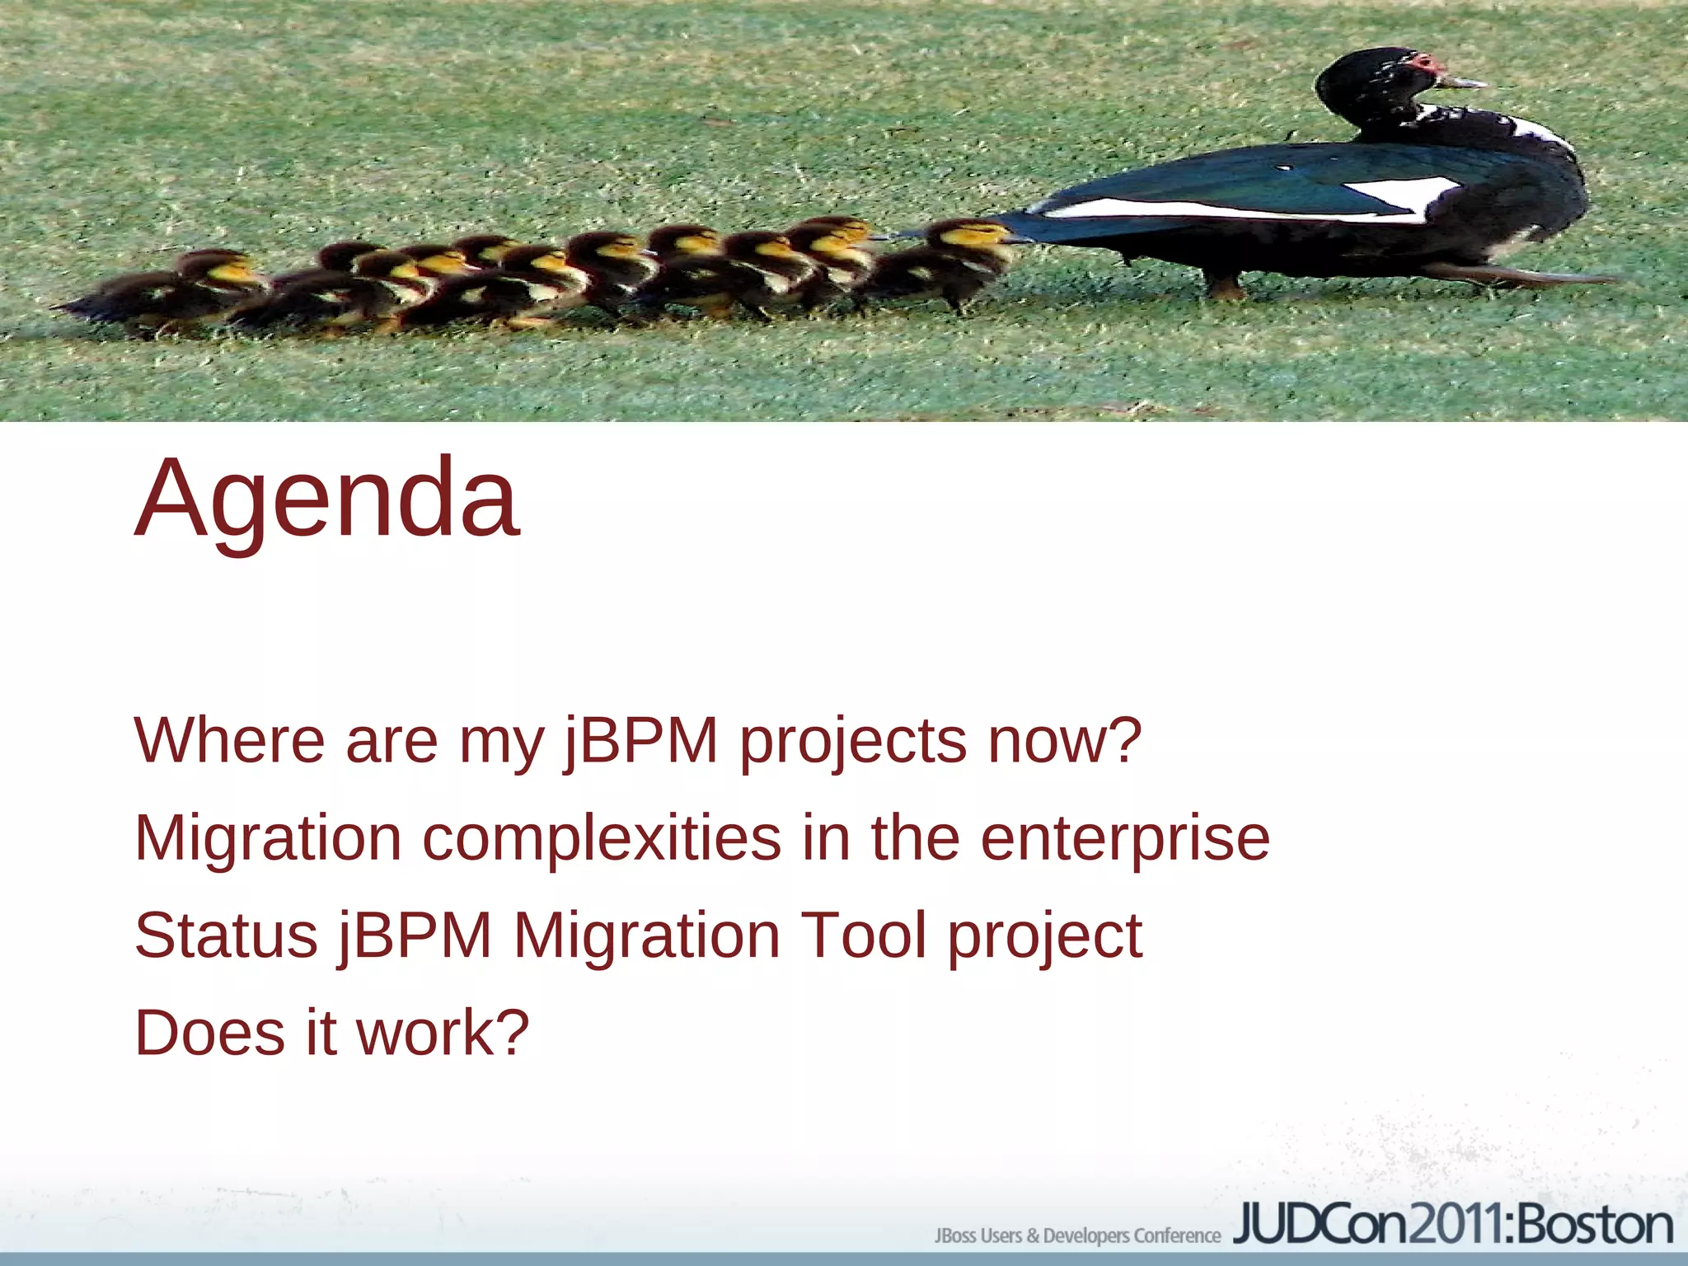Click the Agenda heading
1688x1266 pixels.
tap(327, 499)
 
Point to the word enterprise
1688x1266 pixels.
tap(1124, 839)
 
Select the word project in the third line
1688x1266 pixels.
tap(1044, 938)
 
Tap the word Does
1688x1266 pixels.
tap(209, 1032)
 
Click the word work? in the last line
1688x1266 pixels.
tap(443, 1032)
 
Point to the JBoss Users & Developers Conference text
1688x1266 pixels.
tap(1076, 1236)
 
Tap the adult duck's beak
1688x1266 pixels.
tap(1467, 82)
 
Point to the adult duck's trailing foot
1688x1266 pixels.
tap(1525, 277)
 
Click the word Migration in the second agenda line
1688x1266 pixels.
tap(267, 839)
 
